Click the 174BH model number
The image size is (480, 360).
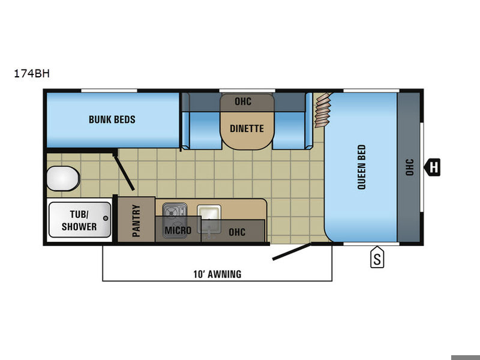[32, 74]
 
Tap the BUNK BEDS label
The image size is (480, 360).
[112, 119]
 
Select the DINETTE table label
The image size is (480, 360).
[247, 128]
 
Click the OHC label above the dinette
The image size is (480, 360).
[243, 101]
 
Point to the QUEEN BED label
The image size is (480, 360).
[362, 167]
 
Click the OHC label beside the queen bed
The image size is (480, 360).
[409, 167]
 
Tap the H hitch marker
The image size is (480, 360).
[432, 167]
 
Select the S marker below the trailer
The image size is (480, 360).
[377, 257]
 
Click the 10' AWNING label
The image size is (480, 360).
[217, 274]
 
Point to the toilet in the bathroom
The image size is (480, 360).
[63, 178]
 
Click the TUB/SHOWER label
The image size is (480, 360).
[79, 220]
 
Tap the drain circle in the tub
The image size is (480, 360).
[106, 218]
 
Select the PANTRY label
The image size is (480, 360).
[136, 221]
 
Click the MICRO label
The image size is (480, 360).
[178, 230]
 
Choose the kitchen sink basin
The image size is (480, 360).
[209, 214]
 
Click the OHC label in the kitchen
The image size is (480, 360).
[237, 232]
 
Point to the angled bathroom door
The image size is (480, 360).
[124, 172]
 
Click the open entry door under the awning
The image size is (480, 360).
[292, 252]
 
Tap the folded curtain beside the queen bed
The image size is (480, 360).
[323, 110]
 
